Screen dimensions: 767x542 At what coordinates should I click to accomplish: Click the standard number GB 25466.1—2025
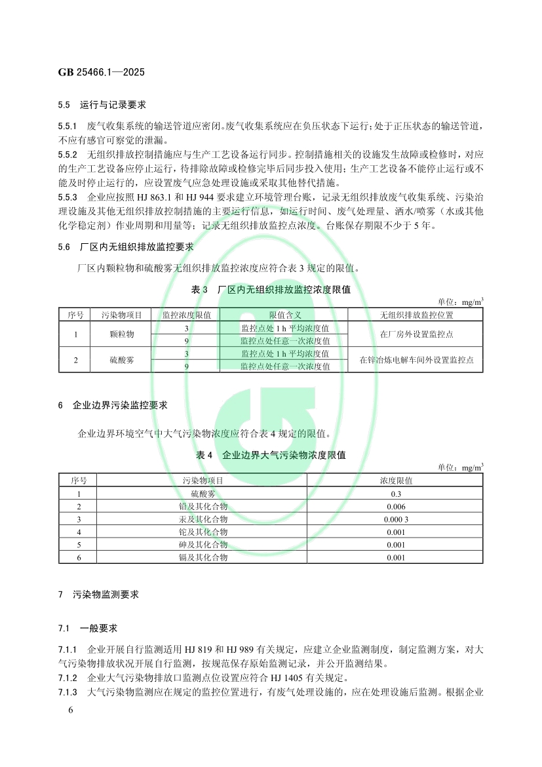coord(101,71)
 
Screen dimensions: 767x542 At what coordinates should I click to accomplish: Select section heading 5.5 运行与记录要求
coord(102,105)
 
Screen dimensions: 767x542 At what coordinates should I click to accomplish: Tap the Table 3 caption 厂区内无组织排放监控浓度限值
coord(271,289)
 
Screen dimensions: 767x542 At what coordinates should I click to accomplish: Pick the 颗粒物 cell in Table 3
coord(122,334)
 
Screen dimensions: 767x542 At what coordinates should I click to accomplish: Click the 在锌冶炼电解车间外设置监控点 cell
coord(417,360)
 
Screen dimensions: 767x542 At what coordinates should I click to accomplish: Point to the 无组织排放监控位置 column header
coord(417,315)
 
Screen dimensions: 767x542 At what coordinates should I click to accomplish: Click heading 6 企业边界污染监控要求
coord(113,405)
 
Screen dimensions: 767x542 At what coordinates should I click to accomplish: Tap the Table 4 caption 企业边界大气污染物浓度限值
coord(271,454)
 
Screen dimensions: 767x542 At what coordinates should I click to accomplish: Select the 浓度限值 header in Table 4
coord(396,481)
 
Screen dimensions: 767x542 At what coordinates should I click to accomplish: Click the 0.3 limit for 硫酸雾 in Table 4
coord(396,493)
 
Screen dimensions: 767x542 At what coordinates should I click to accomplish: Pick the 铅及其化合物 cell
coord(203,506)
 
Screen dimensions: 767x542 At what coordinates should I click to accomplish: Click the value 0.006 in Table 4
coord(396,506)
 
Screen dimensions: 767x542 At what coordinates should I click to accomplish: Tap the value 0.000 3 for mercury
coord(396,519)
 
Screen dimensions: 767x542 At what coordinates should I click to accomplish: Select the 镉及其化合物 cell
coord(203,557)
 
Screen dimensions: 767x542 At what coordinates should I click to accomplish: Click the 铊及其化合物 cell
coord(203,532)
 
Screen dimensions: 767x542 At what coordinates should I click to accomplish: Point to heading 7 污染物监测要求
coord(98,595)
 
